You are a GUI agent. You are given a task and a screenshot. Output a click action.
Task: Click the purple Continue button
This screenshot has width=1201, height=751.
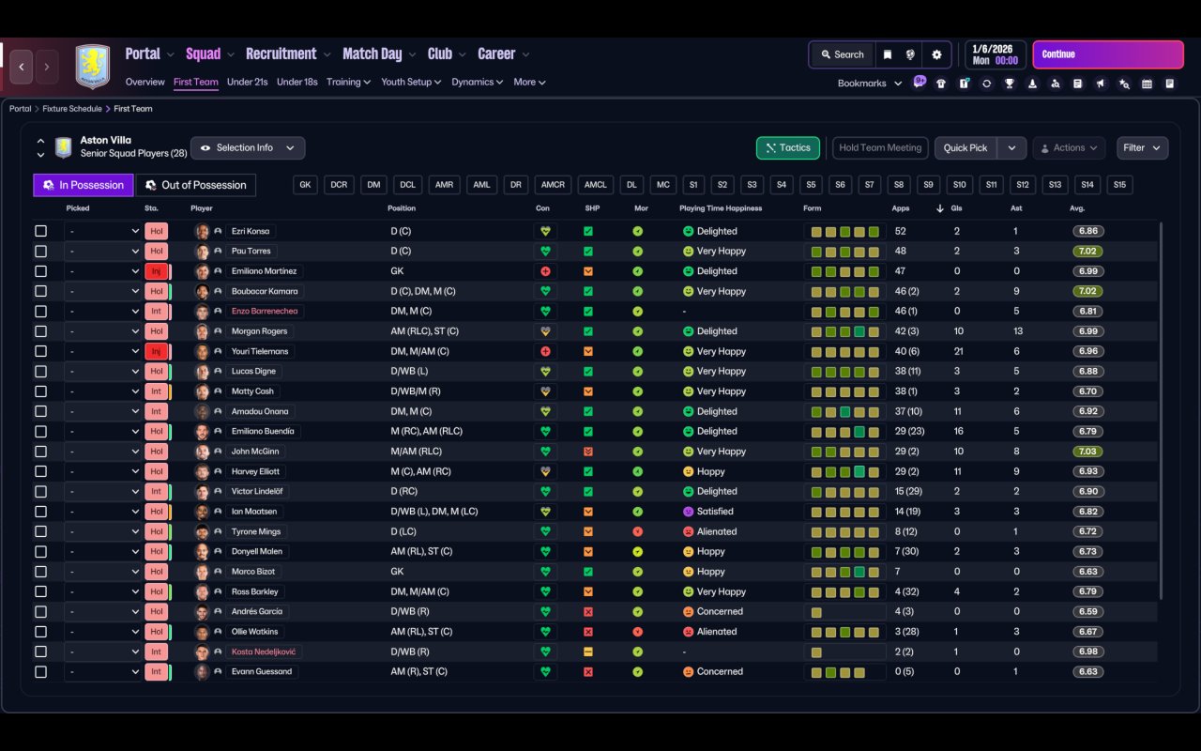point(1107,54)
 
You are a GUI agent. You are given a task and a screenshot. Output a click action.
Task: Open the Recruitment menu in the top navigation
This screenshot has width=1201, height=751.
point(281,54)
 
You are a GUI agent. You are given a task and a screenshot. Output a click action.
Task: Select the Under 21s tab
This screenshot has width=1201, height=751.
point(247,82)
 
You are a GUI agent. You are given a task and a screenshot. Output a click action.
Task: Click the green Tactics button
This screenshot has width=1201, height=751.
point(788,148)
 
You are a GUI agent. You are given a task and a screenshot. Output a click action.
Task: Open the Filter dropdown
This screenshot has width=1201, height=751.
point(1142,148)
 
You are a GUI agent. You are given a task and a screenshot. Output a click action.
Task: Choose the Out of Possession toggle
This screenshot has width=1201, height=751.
point(196,185)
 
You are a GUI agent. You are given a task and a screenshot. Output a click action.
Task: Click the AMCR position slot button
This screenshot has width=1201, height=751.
point(554,185)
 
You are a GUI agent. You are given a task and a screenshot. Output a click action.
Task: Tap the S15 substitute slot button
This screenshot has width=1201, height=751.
point(1119,185)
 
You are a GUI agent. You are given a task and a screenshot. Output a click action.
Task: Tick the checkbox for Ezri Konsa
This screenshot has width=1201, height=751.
point(40,231)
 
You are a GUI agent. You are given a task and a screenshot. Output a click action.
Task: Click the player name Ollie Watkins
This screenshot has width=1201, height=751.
point(255,632)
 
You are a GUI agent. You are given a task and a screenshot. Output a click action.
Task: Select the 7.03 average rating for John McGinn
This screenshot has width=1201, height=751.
point(1088,452)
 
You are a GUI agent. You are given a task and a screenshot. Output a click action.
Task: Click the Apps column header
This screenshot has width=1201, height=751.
point(901,208)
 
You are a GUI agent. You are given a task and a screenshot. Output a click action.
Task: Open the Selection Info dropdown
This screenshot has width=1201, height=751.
point(248,148)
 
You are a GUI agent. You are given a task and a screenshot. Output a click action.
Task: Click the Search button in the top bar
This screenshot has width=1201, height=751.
point(841,54)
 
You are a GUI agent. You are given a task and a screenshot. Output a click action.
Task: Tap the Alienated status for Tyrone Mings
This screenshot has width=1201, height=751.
point(717,531)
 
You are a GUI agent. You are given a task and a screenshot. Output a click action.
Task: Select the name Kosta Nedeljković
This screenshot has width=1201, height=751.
point(266,651)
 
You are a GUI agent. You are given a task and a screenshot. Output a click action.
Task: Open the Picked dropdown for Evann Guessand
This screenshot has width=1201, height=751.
point(103,672)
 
